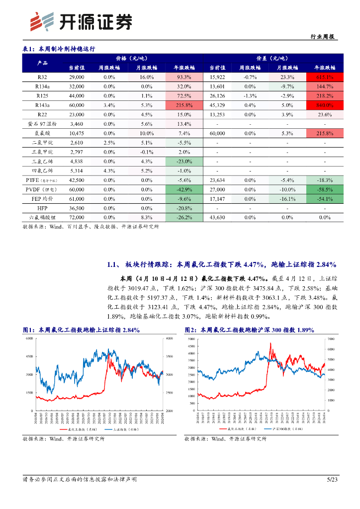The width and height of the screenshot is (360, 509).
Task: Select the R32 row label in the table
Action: pyautogui.click(x=42, y=77)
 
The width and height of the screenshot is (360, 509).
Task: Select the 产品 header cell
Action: pyautogui.click(x=42, y=63)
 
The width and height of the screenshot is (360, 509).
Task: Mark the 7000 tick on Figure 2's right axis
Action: pyautogui.click(x=332, y=339)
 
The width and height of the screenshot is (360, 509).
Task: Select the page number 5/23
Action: pyautogui.click(x=332, y=480)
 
